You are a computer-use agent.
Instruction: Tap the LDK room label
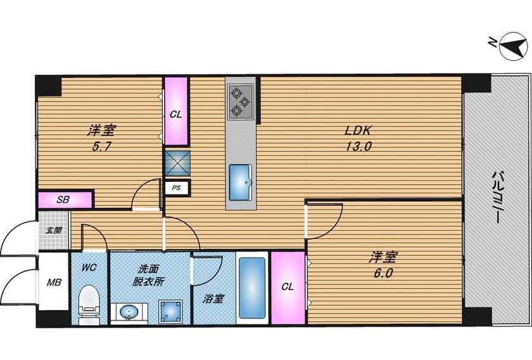pos(359,130)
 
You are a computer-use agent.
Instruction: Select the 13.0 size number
pos(359,146)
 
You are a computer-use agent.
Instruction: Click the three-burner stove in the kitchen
pos(241,101)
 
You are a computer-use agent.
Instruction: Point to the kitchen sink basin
pos(241,183)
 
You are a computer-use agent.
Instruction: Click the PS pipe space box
pos(177,188)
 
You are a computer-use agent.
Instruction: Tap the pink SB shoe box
pos(65,200)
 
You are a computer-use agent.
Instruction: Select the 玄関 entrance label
pos(54,230)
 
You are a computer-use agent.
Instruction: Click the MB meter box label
pos(54,282)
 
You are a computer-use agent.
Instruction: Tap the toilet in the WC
pos(89,305)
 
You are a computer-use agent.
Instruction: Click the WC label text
pos(89,267)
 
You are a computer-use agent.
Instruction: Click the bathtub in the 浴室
pos(252,288)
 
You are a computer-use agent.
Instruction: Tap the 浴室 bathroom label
pos(213,299)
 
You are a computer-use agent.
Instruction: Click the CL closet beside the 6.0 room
pos(288,288)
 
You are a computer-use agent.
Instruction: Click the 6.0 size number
pos(383,273)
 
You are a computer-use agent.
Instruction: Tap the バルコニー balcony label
pos(497,198)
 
